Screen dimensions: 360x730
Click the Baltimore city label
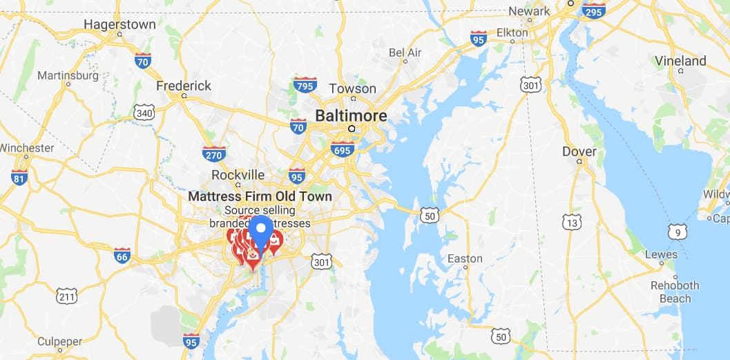tap(351, 116)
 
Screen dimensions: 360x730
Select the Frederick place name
tap(184, 86)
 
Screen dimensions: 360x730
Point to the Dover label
tap(579, 151)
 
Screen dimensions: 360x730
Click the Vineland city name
tap(681, 61)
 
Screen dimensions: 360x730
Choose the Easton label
tap(465, 258)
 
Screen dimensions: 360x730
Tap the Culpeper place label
tap(60, 341)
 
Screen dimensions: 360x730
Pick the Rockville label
tap(238, 175)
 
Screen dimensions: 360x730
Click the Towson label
tap(353, 89)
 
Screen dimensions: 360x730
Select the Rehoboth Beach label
tap(675, 292)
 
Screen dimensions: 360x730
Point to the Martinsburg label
tap(68, 75)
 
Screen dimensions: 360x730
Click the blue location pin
tap(260, 231)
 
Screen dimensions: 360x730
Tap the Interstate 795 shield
tap(305, 85)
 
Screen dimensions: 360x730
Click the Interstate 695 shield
tap(343, 149)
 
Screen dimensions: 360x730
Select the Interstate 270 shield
tap(214, 153)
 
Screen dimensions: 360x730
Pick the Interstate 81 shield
tap(20, 177)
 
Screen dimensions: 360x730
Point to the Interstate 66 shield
tap(122, 256)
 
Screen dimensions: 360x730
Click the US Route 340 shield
tap(144, 113)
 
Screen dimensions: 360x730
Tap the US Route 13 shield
tap(571, 222)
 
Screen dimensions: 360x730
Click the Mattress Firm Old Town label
tap(260, 196)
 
